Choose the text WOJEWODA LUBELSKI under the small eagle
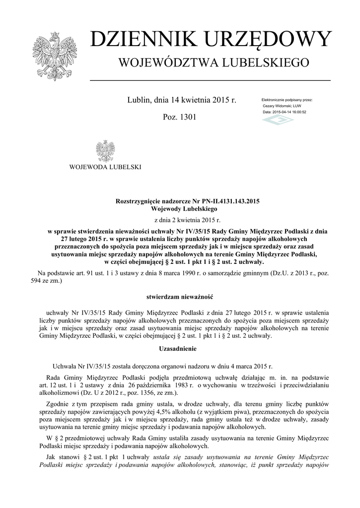pos(105,167)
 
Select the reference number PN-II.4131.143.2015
pos(224,202)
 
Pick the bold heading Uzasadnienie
pos(180,349)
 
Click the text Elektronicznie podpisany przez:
pos(287,100)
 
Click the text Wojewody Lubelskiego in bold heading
pos(180,209)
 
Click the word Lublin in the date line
pos(139,100)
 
